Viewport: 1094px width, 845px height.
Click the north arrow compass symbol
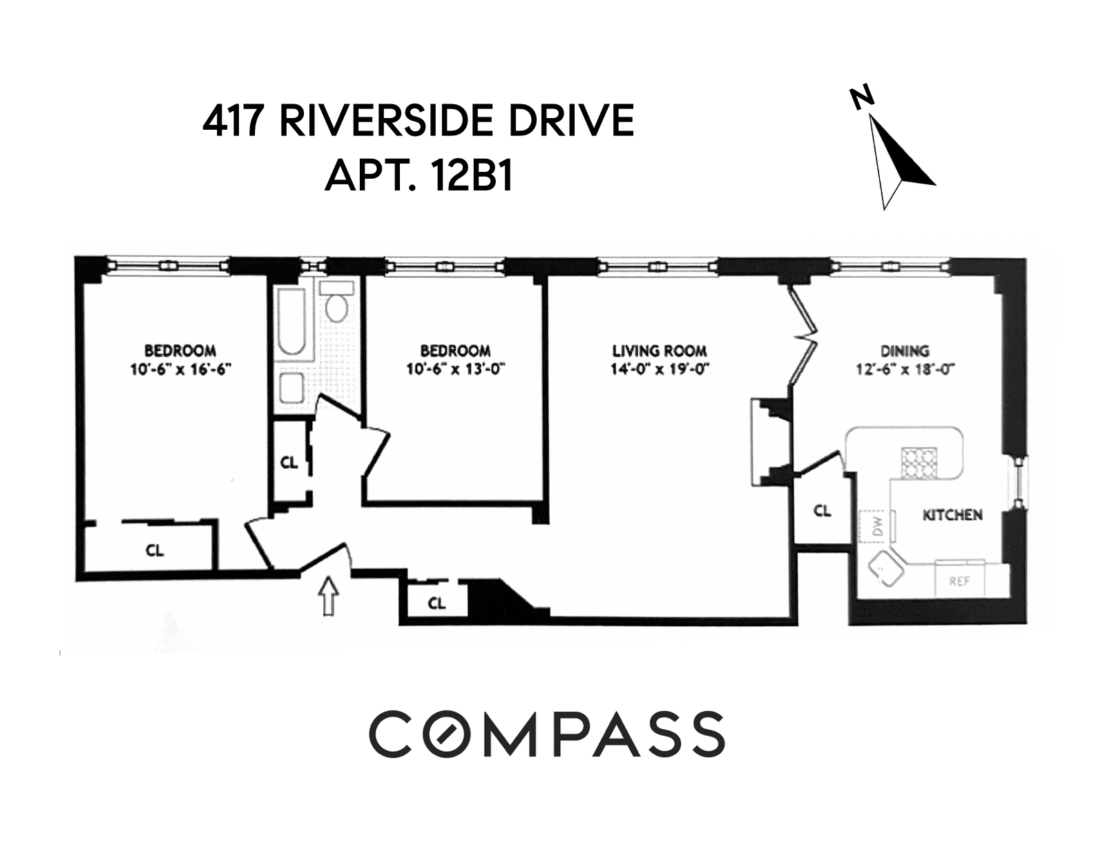pyautogui.click(x=899, y=155)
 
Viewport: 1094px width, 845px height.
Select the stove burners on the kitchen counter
pyautogui.click(x=917, y=462)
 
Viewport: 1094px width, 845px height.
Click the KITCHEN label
pyautogui.click(x=952, y=515)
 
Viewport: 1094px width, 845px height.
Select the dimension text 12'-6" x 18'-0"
pyautogui.click(x=904, y=369)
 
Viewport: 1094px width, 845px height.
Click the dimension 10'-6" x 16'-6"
pyautogui.click(x=180, y=369)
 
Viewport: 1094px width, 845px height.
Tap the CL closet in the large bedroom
pyautogui.click(x=155, y=550)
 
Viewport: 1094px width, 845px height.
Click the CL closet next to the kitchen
pyautogui.click(x=821, y=512)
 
